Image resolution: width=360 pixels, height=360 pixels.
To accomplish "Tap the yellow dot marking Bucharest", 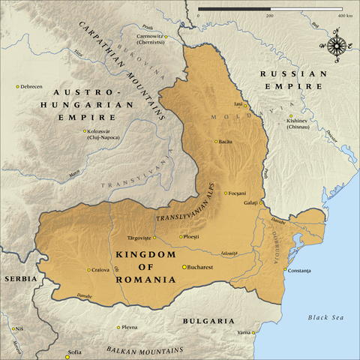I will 184,267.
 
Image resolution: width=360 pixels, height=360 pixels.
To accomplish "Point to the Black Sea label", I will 325,318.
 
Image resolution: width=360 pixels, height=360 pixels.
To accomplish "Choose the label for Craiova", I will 106,270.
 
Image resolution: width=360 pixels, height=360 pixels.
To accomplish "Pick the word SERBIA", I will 20,278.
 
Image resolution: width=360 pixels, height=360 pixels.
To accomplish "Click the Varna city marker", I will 254,331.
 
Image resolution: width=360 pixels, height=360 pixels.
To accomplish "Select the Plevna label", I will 129,327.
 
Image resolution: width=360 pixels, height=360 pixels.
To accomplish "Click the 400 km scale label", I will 345,15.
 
